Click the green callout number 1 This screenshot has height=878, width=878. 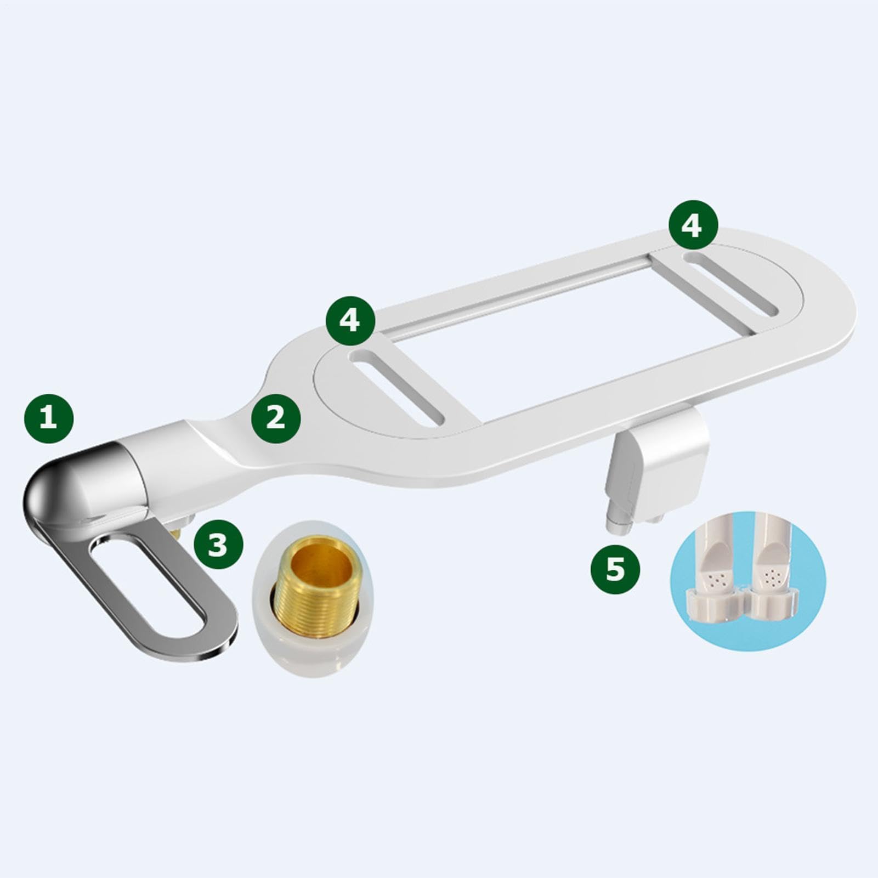(x=49, y=418)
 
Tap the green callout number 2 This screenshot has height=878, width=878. (x=276, y=418)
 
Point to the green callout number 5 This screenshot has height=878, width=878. (x=615, y=569)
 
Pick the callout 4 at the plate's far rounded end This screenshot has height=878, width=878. (x=693, y=225)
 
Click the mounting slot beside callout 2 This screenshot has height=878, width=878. (x=398, y=387)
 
